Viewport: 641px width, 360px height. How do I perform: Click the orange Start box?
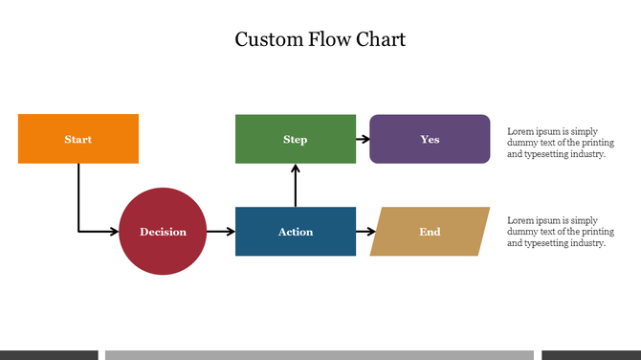78,139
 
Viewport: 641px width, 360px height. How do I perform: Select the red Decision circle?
163,231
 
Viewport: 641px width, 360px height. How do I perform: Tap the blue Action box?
296,231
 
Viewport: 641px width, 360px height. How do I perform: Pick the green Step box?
296,139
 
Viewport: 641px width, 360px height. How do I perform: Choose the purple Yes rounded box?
430,139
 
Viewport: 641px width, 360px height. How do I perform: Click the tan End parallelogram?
430,231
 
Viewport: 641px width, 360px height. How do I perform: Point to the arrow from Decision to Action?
220,231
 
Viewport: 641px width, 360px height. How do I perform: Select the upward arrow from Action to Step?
296,186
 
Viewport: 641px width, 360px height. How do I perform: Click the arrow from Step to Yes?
363,139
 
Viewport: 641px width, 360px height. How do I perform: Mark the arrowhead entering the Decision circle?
114,231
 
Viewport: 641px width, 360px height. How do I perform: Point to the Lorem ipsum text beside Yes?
561,142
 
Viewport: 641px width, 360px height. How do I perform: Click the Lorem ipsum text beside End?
561,231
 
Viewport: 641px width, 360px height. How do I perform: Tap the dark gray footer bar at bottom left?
49,355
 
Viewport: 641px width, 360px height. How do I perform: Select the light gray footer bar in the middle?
319,355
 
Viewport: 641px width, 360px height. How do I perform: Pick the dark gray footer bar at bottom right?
591,355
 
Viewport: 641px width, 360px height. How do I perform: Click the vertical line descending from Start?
78,196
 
